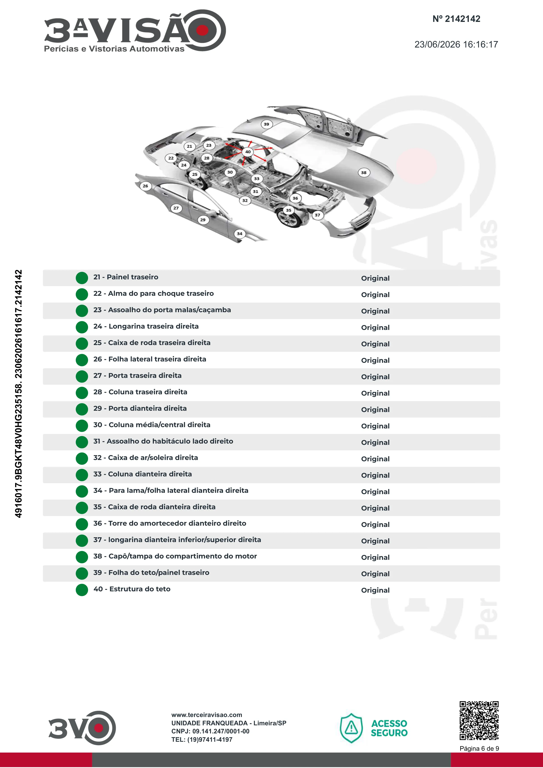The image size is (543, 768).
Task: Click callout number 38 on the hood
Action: [x=364, y=173]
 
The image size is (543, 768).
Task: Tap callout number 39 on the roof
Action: [x=266, y=124]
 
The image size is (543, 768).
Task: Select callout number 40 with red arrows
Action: [x=248, y=152]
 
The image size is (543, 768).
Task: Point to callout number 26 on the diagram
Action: [x=145, y=186]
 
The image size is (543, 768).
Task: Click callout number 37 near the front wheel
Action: [x=318, y=215]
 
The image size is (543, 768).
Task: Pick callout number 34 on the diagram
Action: [x=240, y=234]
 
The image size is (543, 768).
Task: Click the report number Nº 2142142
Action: [x=456, y=19]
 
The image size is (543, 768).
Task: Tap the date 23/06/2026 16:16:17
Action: [x=456, y=44]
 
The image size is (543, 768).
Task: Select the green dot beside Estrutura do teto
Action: [x=82, y=590]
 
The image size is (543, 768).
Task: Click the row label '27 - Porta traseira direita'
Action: [x=138, y=376]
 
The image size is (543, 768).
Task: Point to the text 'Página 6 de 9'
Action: [x=479, y=749]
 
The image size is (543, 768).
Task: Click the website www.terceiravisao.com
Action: [x=207, y=715]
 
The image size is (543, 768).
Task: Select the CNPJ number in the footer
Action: [x=210, y=731]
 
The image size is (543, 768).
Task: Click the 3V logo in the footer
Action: [x=82, y=728]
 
